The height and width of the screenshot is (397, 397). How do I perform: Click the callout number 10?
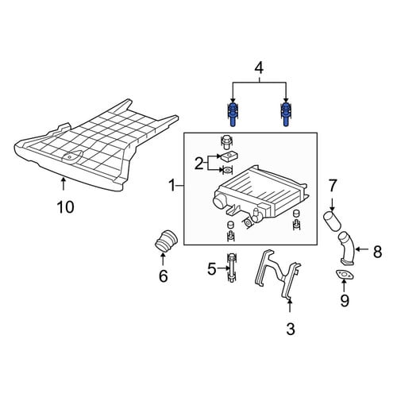pyautogui.click(x=66, y=206)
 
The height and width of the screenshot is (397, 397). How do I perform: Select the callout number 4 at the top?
pyautogui.click(x=259, y=68)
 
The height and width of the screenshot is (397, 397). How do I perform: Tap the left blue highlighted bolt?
pyautogui.click(x=233, y=114)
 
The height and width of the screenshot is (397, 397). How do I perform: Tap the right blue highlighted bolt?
pyautogui.click(x=285, y=114)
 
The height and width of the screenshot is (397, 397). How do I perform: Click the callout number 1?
pyautogui.click(x=172, y=186)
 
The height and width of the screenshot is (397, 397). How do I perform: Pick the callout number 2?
pyautogui.click(x=198, y=164)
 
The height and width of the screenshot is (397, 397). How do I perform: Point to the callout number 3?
pyautogui.click(x=291, y=329)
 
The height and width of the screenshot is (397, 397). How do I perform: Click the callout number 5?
pyautogui.click(x=212, y=269)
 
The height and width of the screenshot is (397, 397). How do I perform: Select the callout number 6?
pyautogui.click(x=164, y=276)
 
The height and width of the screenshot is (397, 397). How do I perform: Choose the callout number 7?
pyautogui.click(x=333, y=186)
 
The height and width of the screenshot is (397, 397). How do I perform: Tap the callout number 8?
pyautogui.click(x=377, y=252)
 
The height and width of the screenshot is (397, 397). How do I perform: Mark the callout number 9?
pyautogui.click(x=345, y=300)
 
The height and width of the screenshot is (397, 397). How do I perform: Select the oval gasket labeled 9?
pyautogui.click(x=345, y=275)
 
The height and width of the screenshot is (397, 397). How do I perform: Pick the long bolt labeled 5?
pyautogui.click(x=231, y=268)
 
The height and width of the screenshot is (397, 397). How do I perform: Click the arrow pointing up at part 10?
pyautogui.click(x=63, y=184)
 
